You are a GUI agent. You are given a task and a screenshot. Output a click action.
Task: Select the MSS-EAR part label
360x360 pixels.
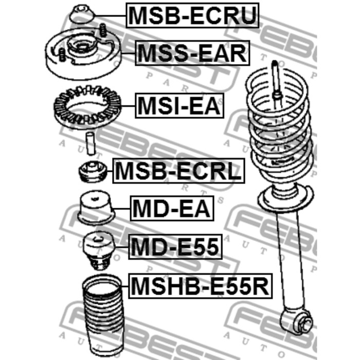pyautogui.click(x=192, y=53)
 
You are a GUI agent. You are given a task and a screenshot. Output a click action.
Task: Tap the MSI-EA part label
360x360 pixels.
pyautogui.click(x=179, y=107)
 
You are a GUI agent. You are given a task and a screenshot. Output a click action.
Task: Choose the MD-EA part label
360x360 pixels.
pyautogui.click(x=171, y=209)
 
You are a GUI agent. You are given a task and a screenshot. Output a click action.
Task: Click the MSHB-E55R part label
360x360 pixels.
pyautogui.click(x=200, y=286)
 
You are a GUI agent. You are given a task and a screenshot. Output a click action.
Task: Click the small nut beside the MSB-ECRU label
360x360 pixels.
pyautogui.click(x=81, y=14)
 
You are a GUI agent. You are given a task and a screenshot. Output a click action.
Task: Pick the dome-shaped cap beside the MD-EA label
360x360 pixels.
pyautogui.click(x=96, y=208)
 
